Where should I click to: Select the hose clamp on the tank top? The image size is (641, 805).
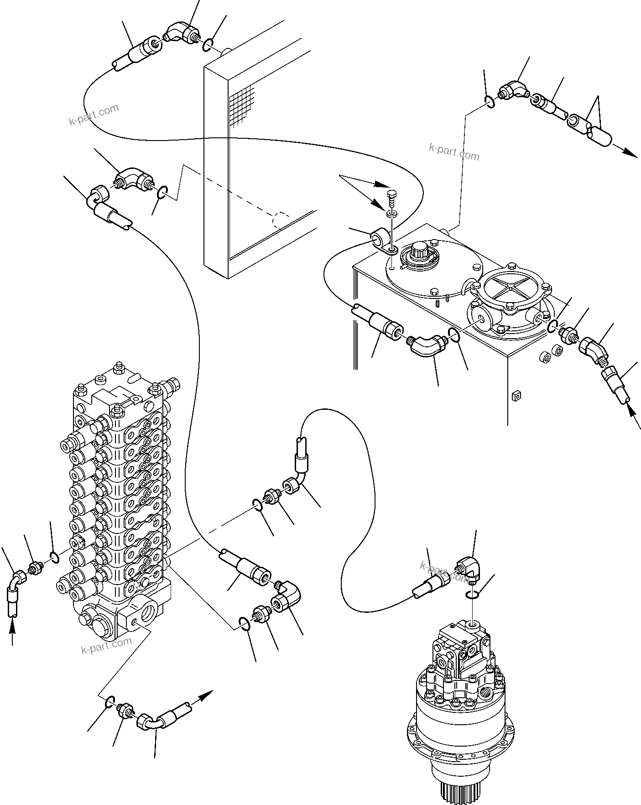click(382, 240)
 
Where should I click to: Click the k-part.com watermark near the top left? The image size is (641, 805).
click(94, 115)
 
